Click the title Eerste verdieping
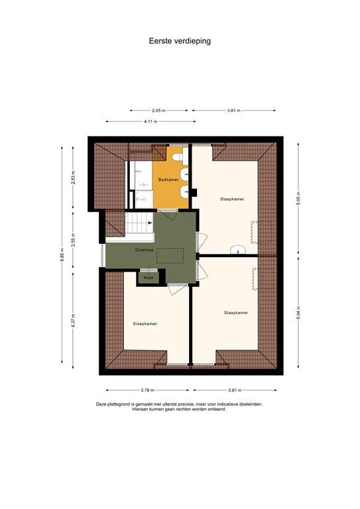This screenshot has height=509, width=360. (179, 40)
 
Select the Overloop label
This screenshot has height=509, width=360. (144, 250)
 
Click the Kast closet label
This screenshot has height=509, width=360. (149, 278)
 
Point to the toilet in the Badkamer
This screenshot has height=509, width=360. (184, 191)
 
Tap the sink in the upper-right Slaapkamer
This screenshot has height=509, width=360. (239, 251)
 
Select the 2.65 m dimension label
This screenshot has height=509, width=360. (158, 110)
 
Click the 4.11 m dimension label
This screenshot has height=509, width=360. (150, 121)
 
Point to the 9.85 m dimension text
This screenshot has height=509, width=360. (62, 254)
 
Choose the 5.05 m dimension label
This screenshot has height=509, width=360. (298, 199)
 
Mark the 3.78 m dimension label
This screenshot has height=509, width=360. (148, 390)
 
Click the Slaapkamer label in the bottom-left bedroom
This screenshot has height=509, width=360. (145, 324)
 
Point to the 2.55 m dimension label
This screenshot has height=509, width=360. (74, 239)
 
